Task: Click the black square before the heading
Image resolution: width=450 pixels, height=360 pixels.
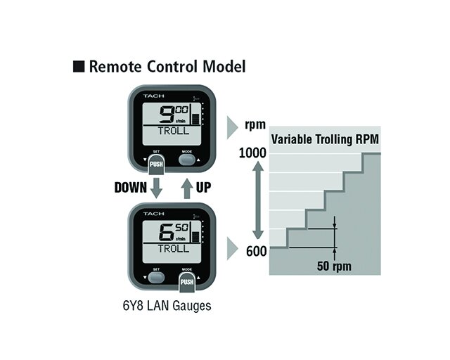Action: (x=79, y=66)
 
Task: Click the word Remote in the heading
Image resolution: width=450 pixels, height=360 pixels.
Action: (x=115, y=66)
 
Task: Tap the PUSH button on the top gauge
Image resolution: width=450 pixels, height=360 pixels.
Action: (x=156, y=165)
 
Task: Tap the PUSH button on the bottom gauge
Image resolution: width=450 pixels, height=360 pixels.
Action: (x=187, y=282)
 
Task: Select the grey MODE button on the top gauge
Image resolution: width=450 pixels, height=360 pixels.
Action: (x=187, y=160)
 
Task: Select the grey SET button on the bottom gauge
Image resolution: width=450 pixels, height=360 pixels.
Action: (x=156, y=278)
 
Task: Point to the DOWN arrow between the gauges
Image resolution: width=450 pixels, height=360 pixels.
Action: (x=156, y=188)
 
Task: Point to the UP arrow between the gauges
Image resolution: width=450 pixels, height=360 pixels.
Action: (x=187, y=188)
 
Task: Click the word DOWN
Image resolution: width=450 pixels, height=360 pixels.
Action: (x=131, y=188)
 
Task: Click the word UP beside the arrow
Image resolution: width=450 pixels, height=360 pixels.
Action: (x=203, y=188)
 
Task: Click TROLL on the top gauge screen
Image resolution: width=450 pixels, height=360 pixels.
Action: (x=174, y=131)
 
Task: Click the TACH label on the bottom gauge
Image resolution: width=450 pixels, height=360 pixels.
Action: (x=154, y=214)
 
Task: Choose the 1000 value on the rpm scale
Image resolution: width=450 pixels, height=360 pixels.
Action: (x=252, y=153)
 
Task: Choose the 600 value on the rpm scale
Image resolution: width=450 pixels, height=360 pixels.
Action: (x=256, y=251)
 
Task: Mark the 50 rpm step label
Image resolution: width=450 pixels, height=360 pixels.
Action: (x=334, y=266)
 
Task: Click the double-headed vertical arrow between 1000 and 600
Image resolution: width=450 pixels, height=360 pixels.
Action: (x=258, y=200)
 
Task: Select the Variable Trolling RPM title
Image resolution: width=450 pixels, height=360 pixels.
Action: (x=325, y=139)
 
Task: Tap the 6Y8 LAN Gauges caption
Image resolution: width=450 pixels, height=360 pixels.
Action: (x=167, y=306)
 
